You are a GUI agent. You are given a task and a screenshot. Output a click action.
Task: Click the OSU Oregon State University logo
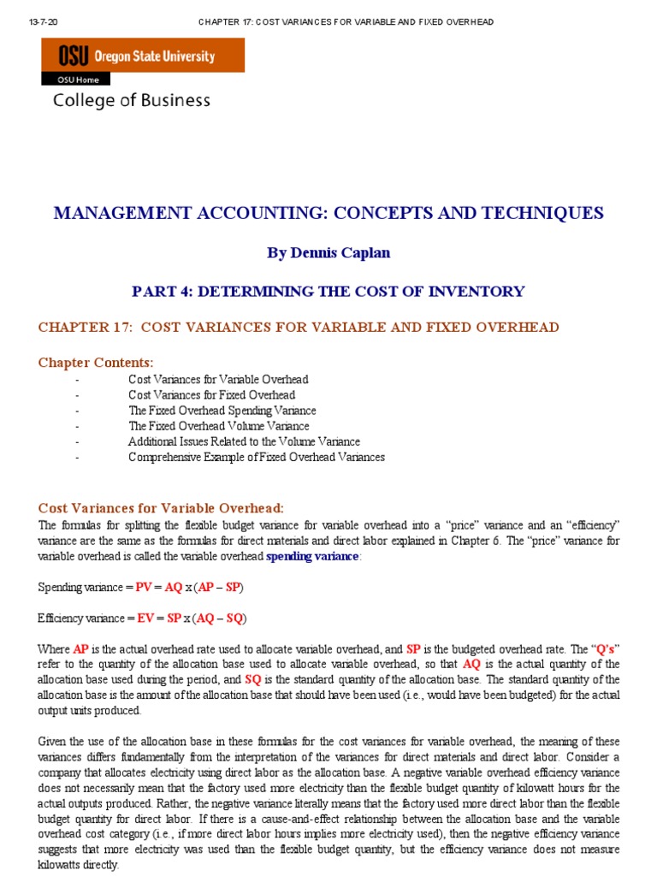click(142, 56)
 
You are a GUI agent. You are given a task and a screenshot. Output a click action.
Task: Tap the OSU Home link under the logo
click(78, 80)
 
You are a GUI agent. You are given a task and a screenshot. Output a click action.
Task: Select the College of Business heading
click(132, 100)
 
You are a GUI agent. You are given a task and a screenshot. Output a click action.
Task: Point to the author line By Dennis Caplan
click(328, 253)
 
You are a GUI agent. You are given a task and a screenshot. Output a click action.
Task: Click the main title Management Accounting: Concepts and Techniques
click(328, 213)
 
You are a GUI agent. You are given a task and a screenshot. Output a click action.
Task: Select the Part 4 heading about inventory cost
click(328, 291)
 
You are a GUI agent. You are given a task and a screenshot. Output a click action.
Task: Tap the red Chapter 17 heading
click(299, 328)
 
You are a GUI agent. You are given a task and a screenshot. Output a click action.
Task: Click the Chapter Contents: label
click(96, 363)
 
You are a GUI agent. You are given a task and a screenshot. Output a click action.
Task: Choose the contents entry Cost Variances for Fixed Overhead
click(211, 394)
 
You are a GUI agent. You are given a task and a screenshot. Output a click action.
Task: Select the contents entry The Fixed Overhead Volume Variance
click(218, 426)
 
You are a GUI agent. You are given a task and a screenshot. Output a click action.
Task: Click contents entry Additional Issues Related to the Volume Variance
click(244, 441)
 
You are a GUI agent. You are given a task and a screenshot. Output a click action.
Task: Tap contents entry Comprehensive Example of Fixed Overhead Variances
click(256, 457)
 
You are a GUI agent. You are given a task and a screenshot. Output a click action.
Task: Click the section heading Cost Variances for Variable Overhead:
click(161, 508)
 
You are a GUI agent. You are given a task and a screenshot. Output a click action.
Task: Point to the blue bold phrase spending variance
click(313, 557)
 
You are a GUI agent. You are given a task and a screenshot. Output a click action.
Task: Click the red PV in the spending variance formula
click(144, 588)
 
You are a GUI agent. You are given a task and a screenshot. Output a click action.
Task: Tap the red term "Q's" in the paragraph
click(606, 649)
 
